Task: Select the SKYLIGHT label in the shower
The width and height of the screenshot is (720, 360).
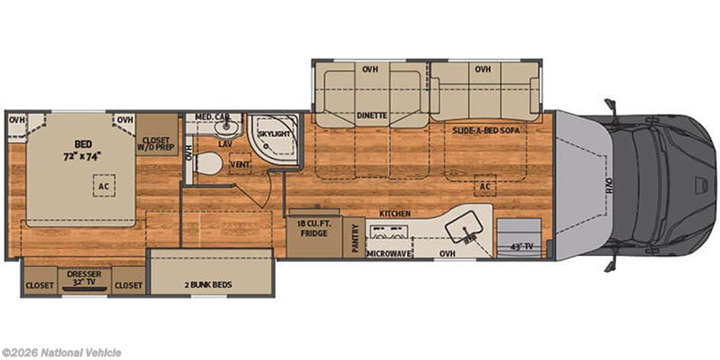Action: [x=274, y=133]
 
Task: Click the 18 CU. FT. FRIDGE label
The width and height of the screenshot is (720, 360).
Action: [x=314, y=229]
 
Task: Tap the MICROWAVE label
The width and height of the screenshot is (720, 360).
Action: [x=388, y=252]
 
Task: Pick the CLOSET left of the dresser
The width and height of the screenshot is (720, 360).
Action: [x=39, y=285]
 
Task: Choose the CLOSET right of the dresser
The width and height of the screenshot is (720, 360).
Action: [x=129, y=285]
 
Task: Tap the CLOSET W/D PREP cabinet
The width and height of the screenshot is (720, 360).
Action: [x=155, y=134]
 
